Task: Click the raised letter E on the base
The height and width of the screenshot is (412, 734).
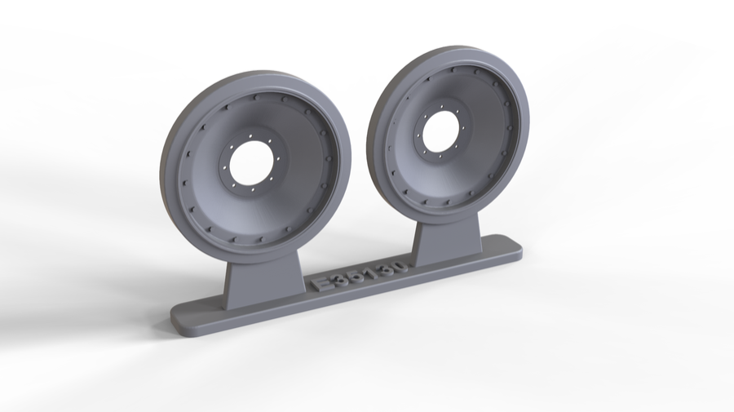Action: point(321,282)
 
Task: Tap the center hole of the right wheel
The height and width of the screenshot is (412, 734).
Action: point(441,130)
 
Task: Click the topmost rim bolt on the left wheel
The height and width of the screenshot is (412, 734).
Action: point(259,95)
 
